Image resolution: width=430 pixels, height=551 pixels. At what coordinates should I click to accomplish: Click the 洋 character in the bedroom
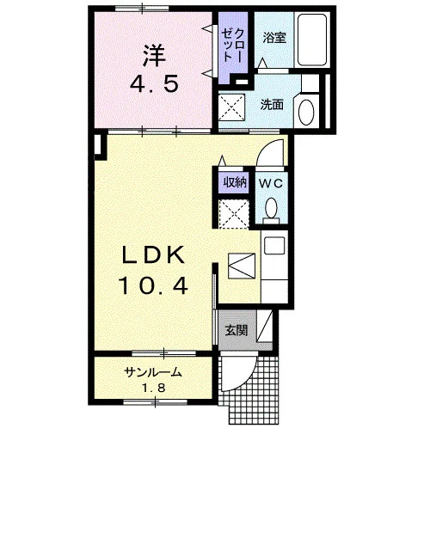[x=154, y=56]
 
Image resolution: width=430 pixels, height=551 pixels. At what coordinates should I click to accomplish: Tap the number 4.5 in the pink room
[x=154, y=84]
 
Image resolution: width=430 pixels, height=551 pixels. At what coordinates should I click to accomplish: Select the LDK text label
[x=154, y=254]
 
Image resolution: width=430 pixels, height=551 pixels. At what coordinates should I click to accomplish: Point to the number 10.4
[x=154, y=285]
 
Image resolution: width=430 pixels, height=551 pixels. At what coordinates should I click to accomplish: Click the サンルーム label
[x=154, y=372]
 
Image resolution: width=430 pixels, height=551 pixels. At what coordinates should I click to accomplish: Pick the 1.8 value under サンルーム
[x=154, y=388]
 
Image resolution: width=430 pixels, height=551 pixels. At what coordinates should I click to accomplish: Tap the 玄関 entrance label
[x=236, y=330]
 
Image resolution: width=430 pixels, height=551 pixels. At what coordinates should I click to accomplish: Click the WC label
[x=271, y=183]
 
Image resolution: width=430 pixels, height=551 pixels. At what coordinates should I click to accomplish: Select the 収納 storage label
[x=235, y=182]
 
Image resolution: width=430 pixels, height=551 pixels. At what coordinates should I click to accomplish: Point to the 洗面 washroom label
[x=272, y=104]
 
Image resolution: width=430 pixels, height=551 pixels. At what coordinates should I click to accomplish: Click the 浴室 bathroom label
[x=274, y=38]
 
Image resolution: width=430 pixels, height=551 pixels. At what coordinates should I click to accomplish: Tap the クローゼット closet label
[x=233, y=46]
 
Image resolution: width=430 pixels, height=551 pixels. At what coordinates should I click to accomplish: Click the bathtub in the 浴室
[x=312, y=40]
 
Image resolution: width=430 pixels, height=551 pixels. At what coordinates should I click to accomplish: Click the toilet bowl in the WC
[x=271, y=208]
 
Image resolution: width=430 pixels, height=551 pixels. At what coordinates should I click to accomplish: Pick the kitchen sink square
[x=274, y=246]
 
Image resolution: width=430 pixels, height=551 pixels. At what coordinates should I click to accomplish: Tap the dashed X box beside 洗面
[x=232, y=107]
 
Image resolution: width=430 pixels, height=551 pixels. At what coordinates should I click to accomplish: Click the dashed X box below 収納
[x=234, y=214]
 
